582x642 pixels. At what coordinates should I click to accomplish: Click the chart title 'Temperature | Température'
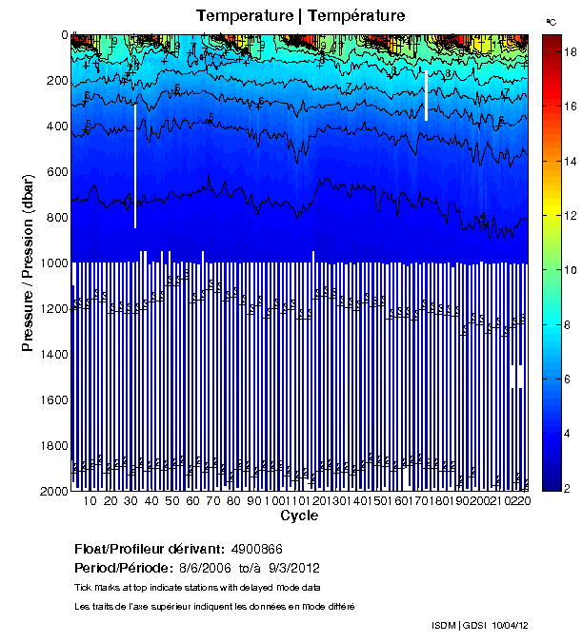point(300,15)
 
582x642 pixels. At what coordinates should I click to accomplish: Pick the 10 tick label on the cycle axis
point(91,501)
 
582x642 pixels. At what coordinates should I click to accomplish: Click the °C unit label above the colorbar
point(552,21)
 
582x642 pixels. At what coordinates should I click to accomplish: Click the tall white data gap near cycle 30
point(135,165)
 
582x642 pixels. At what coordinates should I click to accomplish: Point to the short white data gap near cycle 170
point(426,94)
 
